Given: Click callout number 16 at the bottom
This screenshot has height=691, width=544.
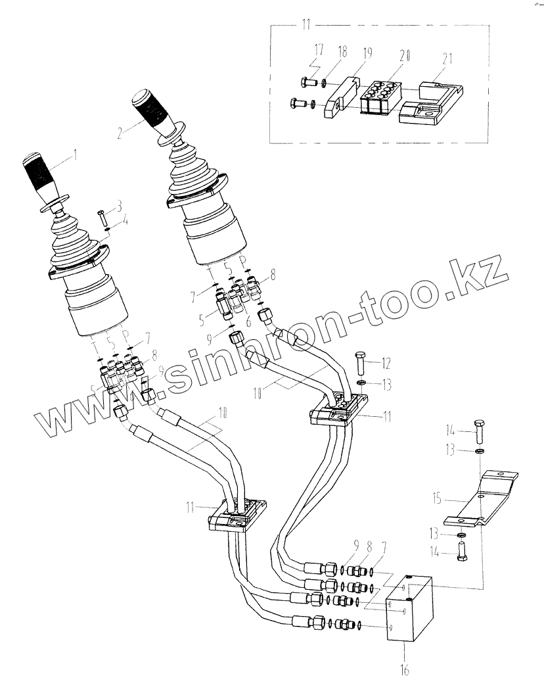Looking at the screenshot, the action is point(404,670).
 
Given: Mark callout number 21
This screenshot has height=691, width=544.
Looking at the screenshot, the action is point(447,59).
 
